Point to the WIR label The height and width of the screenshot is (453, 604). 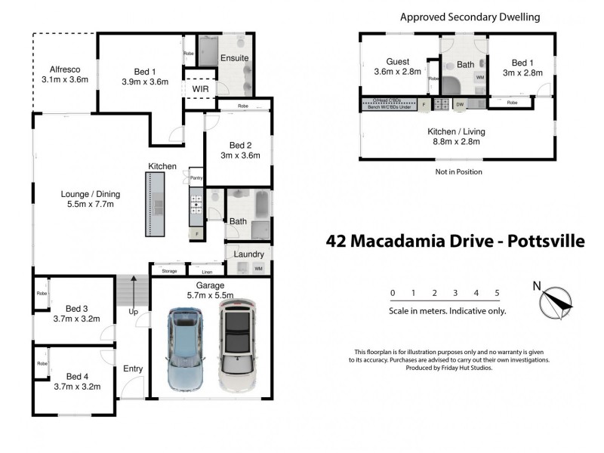click(x=201, y=88)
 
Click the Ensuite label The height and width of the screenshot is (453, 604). click(x=234, y=58)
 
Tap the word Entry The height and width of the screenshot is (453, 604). click(x=133, y=368)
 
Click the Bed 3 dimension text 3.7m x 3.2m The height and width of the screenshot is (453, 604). click(x=77, y=319)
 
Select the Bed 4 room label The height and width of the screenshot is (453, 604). click(x=77, y=376)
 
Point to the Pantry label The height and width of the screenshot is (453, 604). click(x=196, y=177)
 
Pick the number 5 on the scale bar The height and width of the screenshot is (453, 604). click(x=497, y=293)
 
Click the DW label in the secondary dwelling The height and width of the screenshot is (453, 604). click(x=459, y=105)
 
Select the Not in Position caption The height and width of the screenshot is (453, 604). click(x=458, y=172)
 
